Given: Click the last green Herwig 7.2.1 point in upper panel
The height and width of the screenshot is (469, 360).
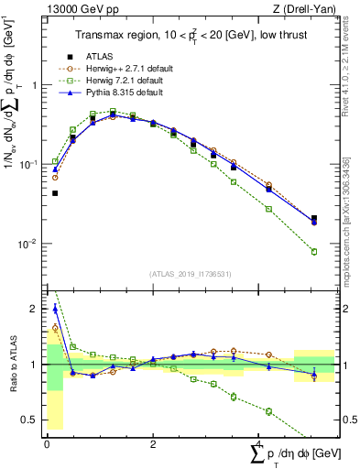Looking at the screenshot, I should coord(314,252).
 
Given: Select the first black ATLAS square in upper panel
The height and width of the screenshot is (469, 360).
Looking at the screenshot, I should coord(55,193).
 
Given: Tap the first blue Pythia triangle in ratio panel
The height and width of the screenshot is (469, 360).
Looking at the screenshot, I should coord(55,309).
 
